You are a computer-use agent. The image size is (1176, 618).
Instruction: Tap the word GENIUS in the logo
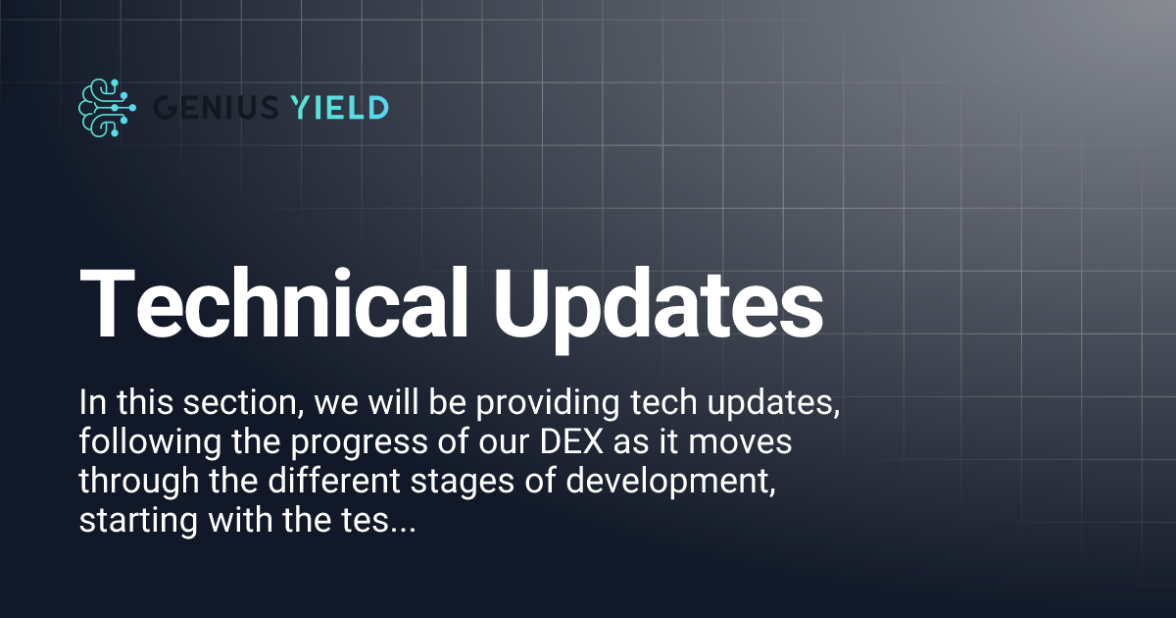click(x=217, y=107)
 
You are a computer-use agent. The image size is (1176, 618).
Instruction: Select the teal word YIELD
click(x=340, y=107)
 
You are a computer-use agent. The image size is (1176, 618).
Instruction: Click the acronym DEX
click(x=568, y=442)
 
